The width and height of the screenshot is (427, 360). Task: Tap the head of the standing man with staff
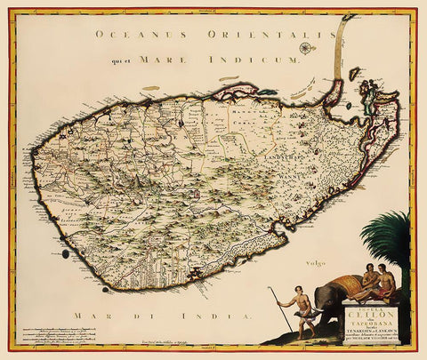[297, 296]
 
